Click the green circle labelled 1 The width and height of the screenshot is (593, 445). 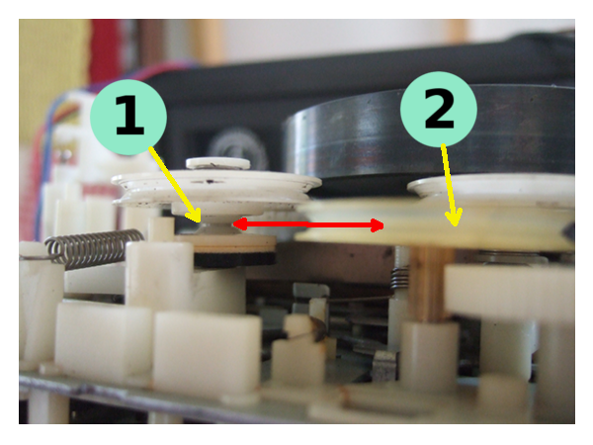128,117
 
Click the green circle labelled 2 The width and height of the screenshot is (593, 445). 439,110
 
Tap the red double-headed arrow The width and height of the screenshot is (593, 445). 308,224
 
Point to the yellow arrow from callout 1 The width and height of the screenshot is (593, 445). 175,185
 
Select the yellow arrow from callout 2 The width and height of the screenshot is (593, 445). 450,186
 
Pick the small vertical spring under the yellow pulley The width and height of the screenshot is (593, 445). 400,277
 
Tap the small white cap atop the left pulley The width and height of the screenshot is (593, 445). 217,163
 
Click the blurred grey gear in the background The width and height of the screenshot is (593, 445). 238,148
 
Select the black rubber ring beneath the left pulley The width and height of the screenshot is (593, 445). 234,258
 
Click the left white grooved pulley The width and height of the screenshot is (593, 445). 216,189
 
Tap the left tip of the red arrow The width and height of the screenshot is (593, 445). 233,224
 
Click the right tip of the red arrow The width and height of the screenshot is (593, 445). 383,225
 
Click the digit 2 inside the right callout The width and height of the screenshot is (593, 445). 439,110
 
